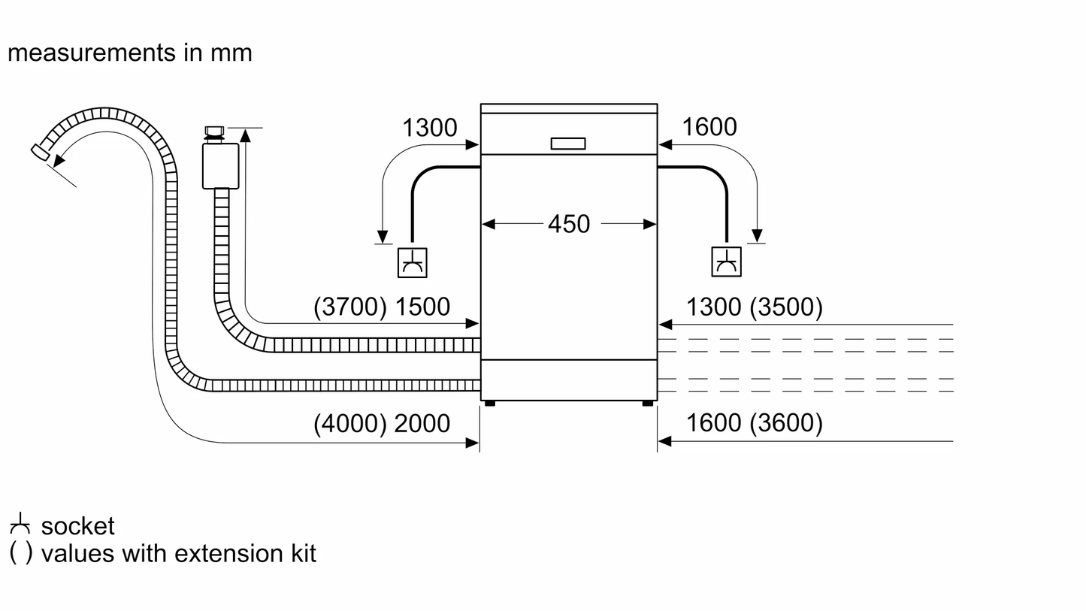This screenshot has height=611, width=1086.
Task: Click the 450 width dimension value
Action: tap(569, 224)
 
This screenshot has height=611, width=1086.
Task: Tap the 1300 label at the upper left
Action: tap(429, 128)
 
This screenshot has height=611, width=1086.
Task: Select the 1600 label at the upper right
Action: tap(709, 127)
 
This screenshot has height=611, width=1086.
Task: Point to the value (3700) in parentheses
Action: tap(350, 307)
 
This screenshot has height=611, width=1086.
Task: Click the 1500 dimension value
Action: tap(422, 307)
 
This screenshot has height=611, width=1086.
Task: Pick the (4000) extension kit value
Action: tap(350, 424)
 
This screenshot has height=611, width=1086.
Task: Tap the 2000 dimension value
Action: tap(422, 424)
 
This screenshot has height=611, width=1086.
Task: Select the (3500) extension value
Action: tap(787, 307)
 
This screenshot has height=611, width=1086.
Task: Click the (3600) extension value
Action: tap(787, 424)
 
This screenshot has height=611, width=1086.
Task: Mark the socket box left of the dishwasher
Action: tap(412, 262)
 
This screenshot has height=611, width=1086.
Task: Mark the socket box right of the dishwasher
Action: tap(726, 262)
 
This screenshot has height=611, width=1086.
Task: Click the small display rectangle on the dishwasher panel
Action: tap(568, 144)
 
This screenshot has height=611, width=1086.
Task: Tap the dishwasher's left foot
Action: tap(490, 404)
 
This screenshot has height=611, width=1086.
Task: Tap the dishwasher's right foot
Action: tap(648, 404)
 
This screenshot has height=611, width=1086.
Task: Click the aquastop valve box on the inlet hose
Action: tap(220, 165)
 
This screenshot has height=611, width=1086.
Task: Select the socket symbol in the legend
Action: tap(20, 525)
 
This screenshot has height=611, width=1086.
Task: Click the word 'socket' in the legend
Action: tap(78, 526)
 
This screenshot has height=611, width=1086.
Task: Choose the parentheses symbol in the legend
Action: tap(20, 553)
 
